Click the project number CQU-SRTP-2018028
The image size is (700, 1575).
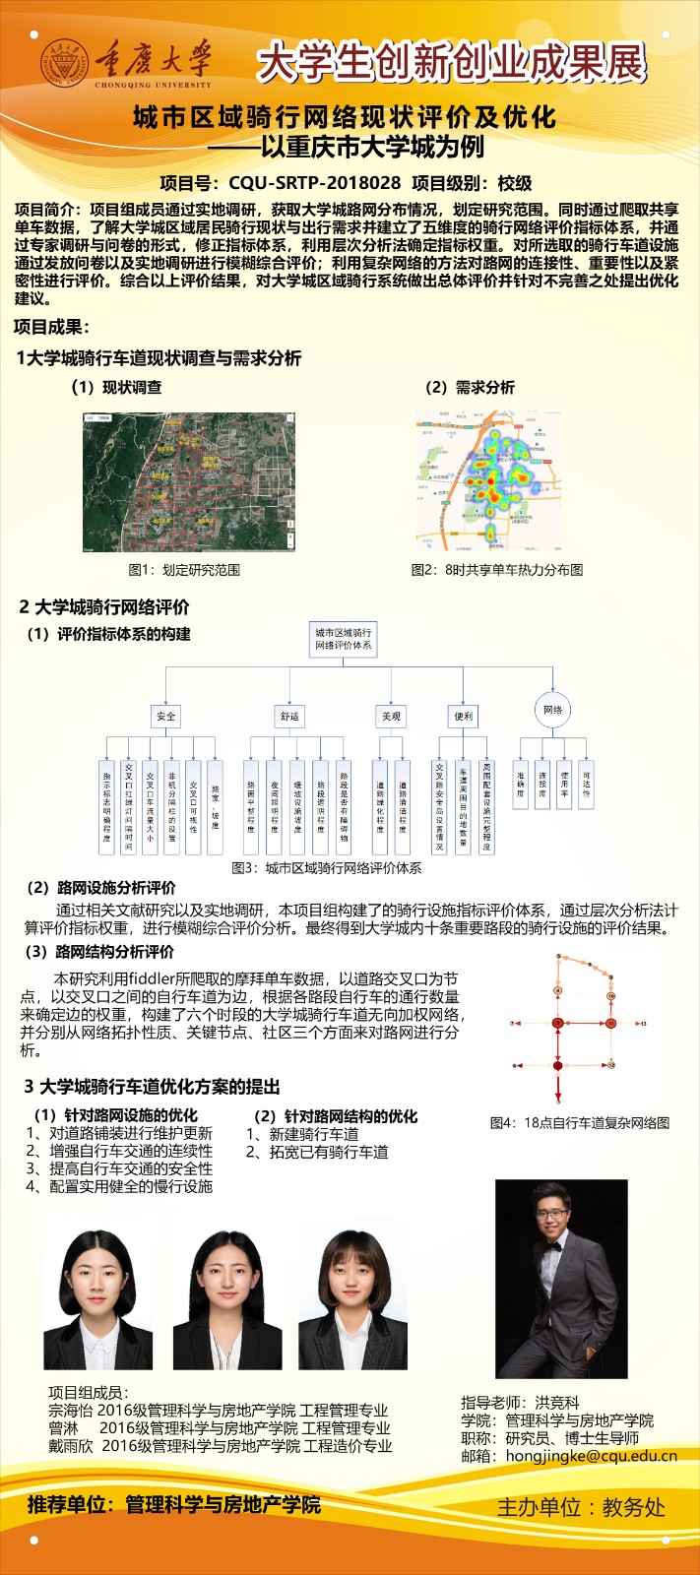click(314, 183)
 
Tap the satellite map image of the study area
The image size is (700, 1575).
click(188, 483)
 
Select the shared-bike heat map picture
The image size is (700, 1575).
click(488, 480)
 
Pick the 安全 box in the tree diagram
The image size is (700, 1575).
click(165, 716)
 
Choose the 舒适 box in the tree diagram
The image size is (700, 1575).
click(289, 716)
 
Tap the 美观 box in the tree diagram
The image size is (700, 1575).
click(391, 716)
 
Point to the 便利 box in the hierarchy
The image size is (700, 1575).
click(464, 716)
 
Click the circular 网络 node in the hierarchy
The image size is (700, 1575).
click(552, 710)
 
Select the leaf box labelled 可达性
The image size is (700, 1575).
click(586, 785)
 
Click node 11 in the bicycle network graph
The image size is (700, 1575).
click(610, 1024)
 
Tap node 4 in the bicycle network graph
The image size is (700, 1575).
click(558, 990)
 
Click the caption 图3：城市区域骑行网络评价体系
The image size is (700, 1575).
click(326, 868)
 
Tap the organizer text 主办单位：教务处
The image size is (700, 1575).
click(581, 1507)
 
